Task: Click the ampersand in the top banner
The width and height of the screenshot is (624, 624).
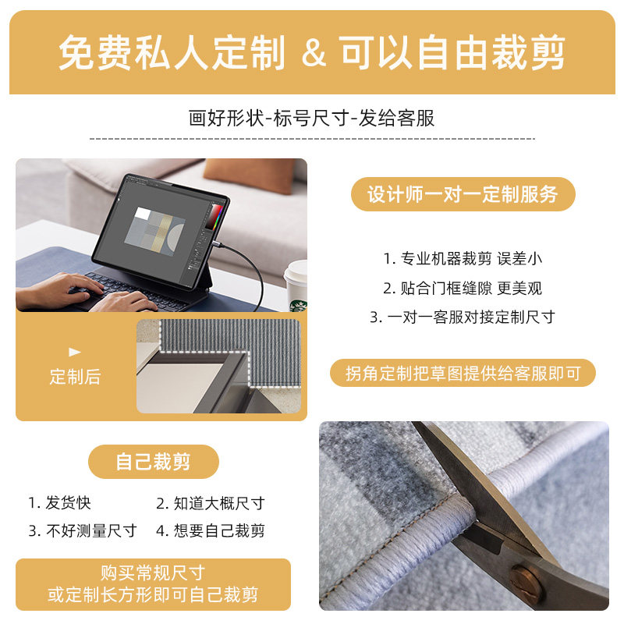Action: pos(312,53)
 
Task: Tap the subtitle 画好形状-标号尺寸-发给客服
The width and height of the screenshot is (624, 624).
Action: pos(312,119)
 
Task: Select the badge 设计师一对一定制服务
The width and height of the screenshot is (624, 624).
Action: pos(463,194)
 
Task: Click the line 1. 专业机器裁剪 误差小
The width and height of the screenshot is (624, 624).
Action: pos(462,258)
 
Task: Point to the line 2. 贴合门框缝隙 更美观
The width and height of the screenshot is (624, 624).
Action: pos(462,288)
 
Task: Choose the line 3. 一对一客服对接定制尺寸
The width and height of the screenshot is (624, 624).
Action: pos(462,317)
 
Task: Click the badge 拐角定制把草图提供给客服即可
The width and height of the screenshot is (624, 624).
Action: pos(463,374)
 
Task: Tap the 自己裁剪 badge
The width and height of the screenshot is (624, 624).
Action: pos(153,462)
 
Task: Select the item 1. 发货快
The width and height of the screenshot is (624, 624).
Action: pos(60,503)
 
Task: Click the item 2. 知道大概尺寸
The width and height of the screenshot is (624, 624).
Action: pos(210,503)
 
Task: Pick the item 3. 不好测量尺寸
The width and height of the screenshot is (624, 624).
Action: pos(83,531)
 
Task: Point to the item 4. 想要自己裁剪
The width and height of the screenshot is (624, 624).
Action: pos(210,531)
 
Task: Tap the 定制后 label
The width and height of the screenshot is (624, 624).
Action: pos(75,377)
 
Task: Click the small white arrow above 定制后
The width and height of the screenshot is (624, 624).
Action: pos(75,352)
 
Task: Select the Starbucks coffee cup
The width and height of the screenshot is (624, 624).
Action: pos(296,285)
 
